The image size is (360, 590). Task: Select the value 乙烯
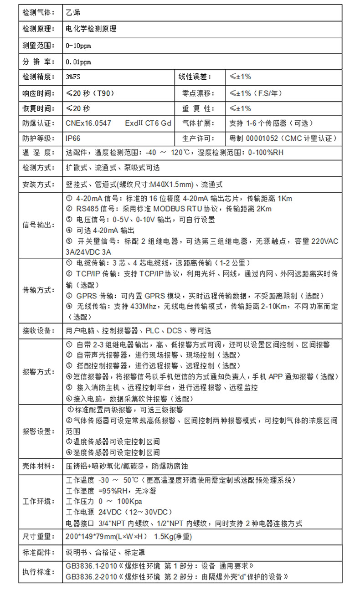click(73, 12)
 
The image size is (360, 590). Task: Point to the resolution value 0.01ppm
click(78, 62)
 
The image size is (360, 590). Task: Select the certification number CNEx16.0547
click(88, 123)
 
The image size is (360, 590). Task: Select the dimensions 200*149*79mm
click(94, 537)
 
